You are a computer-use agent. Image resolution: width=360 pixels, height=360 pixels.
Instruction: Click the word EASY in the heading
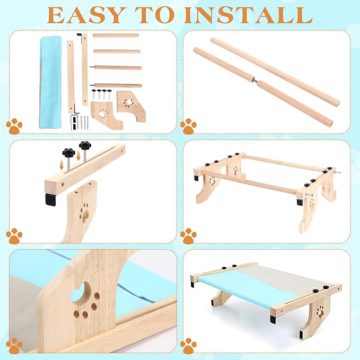[87, 15]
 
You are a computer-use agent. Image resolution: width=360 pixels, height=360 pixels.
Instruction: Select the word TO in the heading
[156, 15]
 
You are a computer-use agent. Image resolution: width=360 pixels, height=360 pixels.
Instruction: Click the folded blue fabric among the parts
[50, 82]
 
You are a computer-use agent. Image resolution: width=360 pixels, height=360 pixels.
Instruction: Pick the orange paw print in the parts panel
[14, 126]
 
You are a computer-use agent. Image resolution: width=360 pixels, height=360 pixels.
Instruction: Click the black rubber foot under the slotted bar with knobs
[50, 199]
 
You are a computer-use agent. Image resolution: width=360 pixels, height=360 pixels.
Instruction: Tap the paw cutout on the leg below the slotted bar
[84, 213]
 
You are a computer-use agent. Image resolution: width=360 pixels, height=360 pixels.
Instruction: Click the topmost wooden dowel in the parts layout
[116, 36]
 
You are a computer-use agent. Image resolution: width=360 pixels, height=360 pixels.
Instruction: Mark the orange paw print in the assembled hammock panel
[188, 346]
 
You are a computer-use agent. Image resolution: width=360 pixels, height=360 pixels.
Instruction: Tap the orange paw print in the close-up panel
[14, 346]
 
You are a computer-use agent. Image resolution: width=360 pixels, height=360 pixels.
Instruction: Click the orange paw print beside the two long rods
[188, 126]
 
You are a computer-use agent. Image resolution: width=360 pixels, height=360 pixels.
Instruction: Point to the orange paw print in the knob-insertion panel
[14, 236]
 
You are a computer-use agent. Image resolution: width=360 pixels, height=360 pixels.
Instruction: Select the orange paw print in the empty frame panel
[188, 236]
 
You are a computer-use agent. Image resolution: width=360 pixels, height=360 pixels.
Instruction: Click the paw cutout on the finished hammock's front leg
[320, 312]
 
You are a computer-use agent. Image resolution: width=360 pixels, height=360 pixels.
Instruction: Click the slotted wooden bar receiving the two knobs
[85, 168]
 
